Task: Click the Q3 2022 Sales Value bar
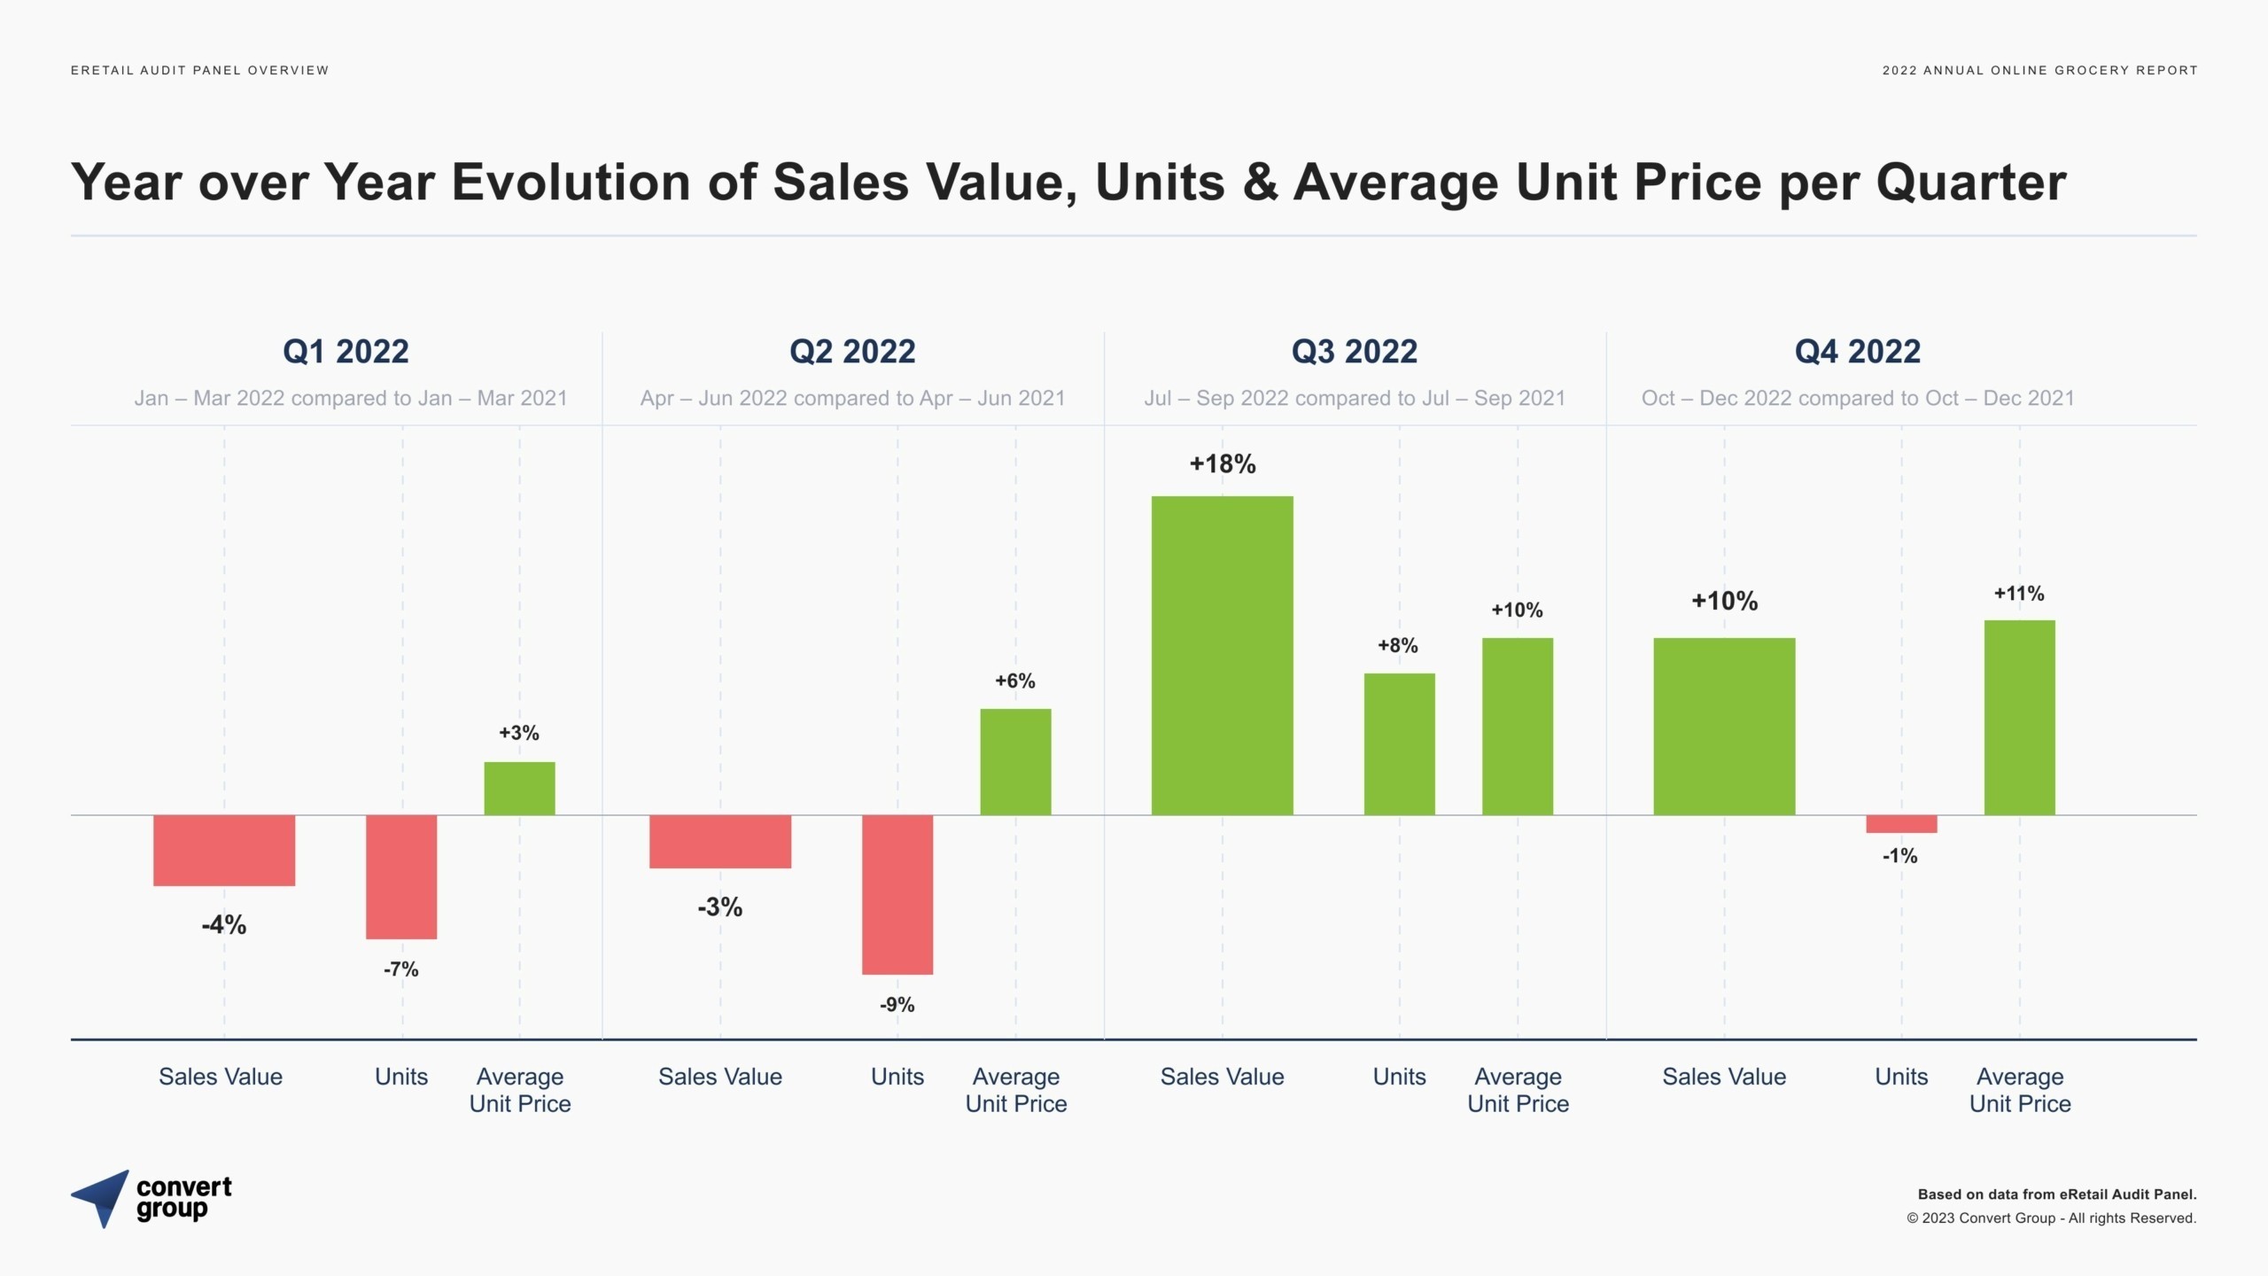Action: (x=1222, y=656)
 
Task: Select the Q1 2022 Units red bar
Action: (x=401, y=876)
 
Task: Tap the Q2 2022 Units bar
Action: (x=897, y=894)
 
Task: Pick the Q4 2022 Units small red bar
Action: (x=1901, y=824)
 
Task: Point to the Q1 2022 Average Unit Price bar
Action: (x=519, y=788)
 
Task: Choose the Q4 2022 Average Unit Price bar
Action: (x=2019, y=718)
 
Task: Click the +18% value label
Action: (x=1223, y=464)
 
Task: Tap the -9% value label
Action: (x=897, y=1005)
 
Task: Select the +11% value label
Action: (x=2019, y=594)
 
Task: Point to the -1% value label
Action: (x=1900, y=856)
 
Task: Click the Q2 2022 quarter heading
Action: (x=852, y=352)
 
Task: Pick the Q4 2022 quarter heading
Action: (x=1858, y=352)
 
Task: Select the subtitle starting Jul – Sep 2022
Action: (x=1355, y=398)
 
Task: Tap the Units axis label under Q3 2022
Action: (x=1399, y=1077)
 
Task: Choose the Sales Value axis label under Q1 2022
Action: (x=221, y=1077)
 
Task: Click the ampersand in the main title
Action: (x=1260, y=183)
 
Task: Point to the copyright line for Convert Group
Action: (x=2051, y=1218)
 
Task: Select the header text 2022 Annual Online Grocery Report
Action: (x=2039, y=70)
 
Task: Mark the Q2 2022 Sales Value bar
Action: (x=720, y=841)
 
